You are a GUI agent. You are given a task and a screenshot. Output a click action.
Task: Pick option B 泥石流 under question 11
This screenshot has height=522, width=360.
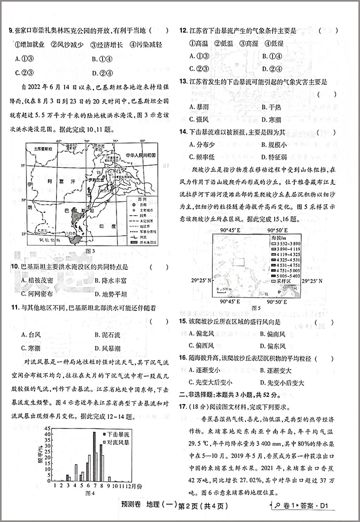coord(107,335)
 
